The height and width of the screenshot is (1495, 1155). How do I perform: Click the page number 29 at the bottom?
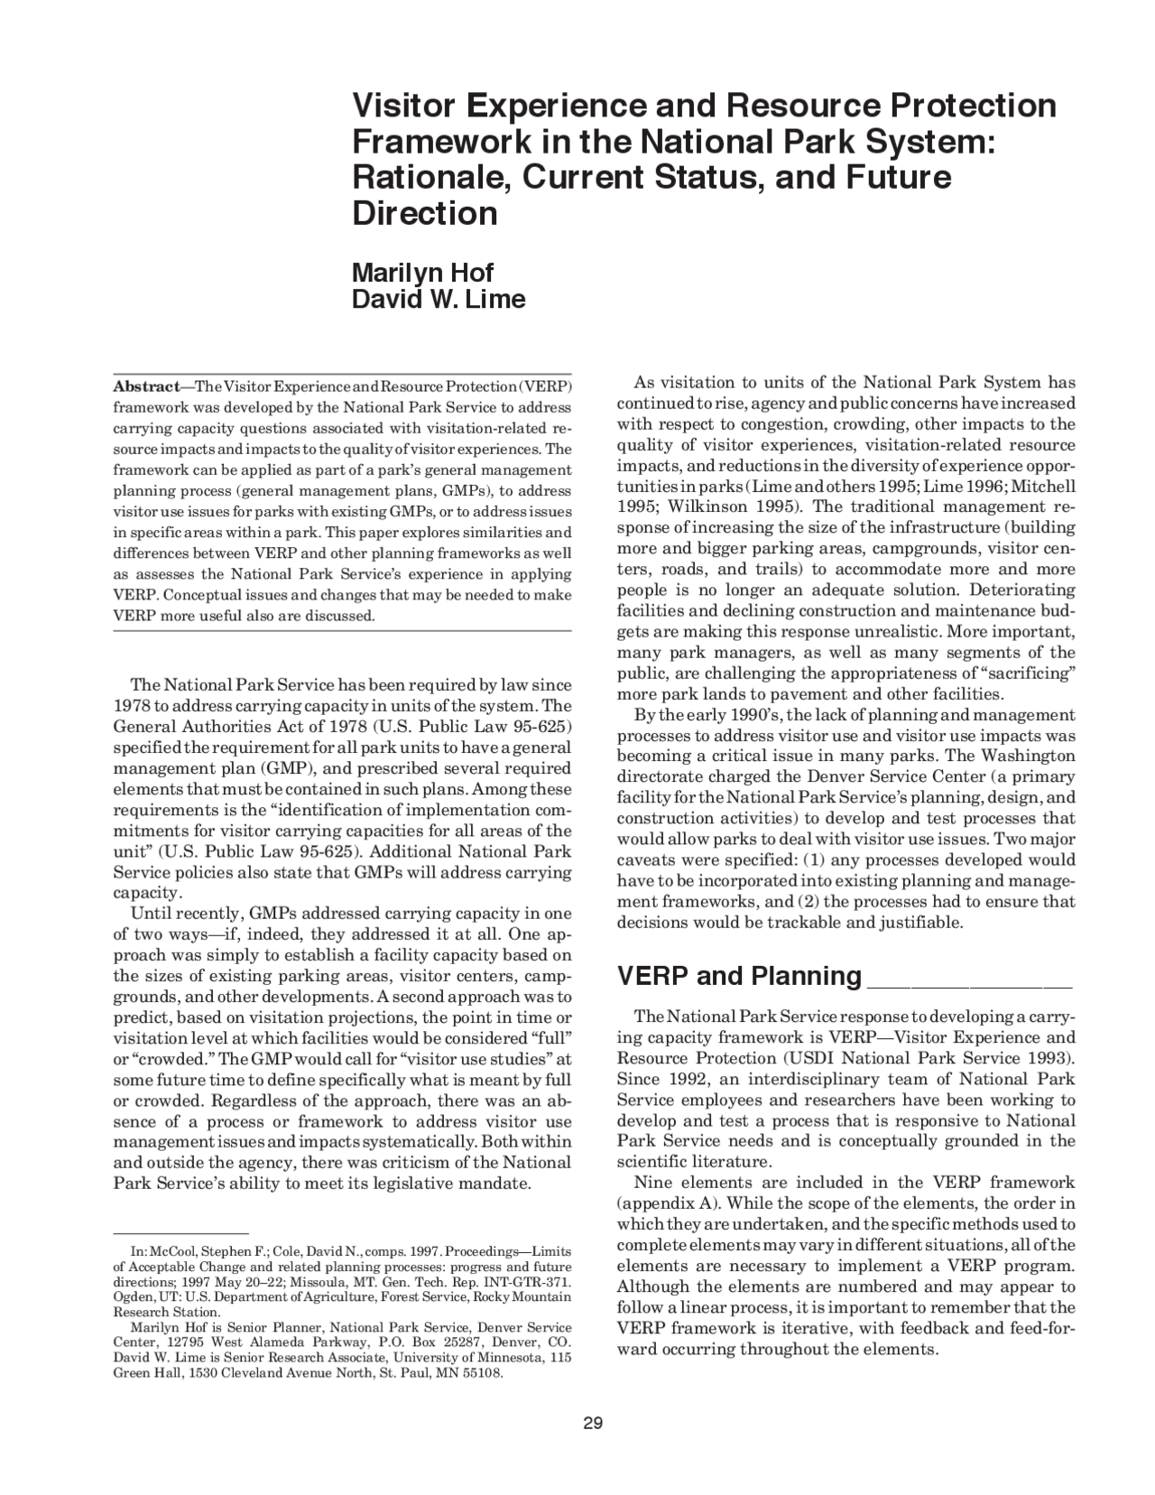592,1424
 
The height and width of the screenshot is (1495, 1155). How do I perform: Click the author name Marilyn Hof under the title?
422,272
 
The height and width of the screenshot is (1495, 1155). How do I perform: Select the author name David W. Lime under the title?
438,299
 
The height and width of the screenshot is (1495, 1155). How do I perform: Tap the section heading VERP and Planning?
739,976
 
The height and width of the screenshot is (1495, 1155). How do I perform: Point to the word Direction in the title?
424,214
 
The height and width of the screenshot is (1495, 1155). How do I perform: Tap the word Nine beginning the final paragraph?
651,1183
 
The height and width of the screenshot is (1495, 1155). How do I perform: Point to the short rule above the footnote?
180,1232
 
